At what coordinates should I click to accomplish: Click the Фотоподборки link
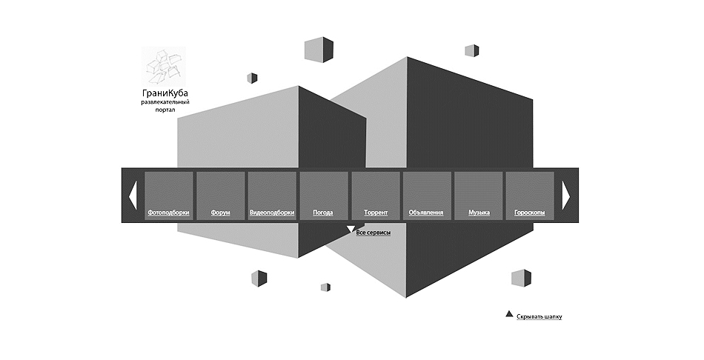[x=168, y=213]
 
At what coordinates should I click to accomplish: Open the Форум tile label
[x=220, y=213]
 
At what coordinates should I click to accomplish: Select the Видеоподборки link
[x=272, y=213]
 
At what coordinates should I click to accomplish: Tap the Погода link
[x=323, y=213]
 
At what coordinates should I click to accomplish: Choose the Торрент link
[x=376, y=213]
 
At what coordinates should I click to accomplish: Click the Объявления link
[x=426, y=213]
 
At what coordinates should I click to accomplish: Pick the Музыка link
[x=479, y=213]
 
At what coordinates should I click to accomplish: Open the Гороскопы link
[x=530, y=213]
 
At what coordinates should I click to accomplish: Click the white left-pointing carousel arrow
[x=133, y=196]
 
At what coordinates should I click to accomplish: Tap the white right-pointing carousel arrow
[x=565, y=196]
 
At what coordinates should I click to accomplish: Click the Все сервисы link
[x=373, y=233]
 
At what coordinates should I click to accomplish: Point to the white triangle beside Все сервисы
[x=351, y=229]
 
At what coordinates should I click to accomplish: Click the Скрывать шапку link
[x=539, y=316]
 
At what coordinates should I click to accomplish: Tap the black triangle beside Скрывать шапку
[x=509, y=314]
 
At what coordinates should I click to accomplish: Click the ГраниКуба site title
[x=165, y=93]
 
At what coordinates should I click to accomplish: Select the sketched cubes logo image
[x=164, y=67]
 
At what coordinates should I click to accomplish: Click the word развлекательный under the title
[x=165, y=102]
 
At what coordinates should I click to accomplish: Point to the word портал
[x=165, y=110]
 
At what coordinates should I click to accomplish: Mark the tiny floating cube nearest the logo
[x=252, y=78]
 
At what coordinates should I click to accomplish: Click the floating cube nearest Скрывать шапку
[x=521, y=278]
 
